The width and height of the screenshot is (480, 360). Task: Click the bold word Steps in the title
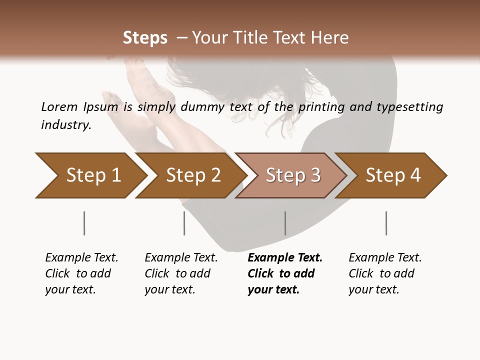[145, 38]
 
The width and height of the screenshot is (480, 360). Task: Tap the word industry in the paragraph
[66, 124]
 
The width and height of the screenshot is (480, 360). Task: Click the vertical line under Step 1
[84, 223]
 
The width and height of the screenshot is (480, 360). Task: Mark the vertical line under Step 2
[184, 223]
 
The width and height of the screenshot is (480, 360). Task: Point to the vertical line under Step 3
[285, 223]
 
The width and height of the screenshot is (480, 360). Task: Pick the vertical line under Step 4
[386, 223]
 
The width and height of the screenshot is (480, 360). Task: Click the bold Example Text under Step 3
[285, 258]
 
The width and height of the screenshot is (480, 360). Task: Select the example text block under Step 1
[81, 273]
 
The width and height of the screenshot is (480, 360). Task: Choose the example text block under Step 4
[385, 273]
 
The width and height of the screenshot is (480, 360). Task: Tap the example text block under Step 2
[181, 273]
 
